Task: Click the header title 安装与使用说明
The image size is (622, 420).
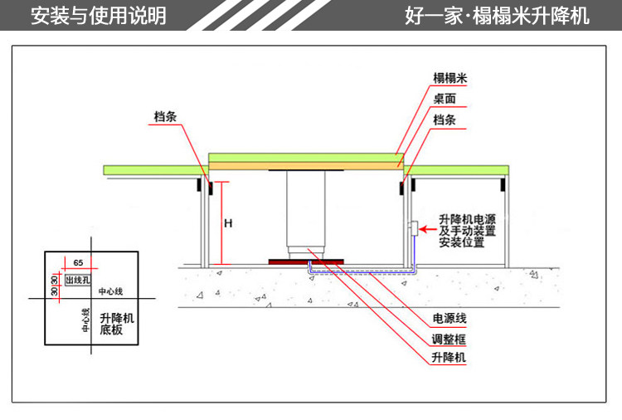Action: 98,16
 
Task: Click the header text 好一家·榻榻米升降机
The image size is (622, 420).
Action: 498,16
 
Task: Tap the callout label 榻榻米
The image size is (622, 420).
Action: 451,78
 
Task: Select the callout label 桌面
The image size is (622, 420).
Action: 445,99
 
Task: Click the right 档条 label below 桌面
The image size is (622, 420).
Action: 445,120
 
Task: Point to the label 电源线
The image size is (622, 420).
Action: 449,319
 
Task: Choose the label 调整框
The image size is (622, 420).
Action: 449,339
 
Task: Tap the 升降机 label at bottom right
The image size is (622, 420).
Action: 449,359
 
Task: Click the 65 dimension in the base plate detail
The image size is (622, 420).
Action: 78,262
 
